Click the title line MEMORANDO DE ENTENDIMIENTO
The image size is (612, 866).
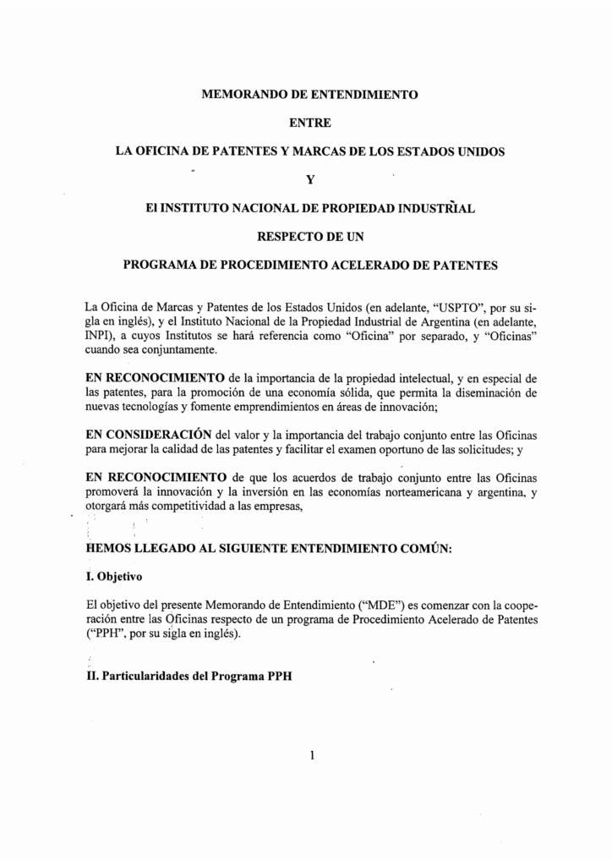[309, 95]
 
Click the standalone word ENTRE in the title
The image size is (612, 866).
[309, 123]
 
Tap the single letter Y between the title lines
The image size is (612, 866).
[309, 179]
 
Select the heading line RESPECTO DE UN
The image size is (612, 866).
[309, 236]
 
